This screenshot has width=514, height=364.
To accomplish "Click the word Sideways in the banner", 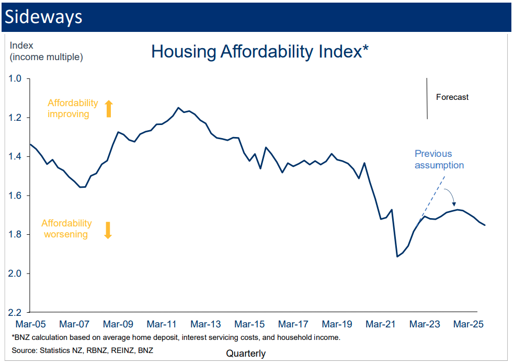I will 43,16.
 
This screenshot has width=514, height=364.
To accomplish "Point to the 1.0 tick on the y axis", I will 15,78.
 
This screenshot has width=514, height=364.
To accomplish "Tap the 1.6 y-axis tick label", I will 15,196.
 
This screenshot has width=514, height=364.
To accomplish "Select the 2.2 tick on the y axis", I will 15,312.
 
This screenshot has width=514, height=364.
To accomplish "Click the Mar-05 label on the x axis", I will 30,324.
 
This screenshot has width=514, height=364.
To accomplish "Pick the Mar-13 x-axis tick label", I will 205,324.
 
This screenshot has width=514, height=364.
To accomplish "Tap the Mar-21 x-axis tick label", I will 380,324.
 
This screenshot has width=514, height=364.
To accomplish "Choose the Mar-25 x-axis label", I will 467,324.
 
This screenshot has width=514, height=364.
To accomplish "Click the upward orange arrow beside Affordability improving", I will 109,109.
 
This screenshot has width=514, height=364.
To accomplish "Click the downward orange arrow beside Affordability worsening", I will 108,230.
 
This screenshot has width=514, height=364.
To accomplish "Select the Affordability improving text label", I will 72,109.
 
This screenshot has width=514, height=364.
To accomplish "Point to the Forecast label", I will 452,97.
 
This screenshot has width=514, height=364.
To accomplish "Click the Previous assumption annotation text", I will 439,160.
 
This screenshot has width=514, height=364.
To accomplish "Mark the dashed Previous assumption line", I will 431,196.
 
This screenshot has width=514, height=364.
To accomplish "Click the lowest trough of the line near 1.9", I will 397,256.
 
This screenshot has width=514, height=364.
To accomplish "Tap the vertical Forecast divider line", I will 427,98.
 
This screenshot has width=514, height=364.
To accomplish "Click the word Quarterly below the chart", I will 246,354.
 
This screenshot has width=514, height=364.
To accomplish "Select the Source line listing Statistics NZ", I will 83,349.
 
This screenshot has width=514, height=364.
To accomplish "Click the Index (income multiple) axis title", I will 46,51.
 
